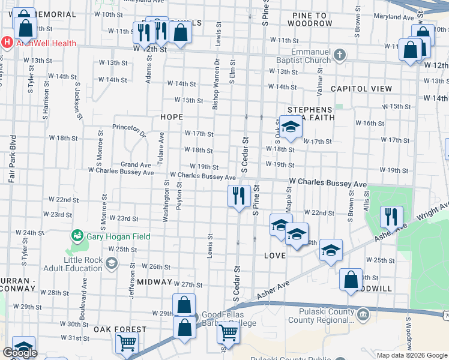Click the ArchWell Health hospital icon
tap(7, 43)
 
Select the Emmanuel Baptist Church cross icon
tap(340, 56)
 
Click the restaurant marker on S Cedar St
tap(239, 196)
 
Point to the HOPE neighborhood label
tap(170, 117)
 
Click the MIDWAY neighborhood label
tap(154, 281)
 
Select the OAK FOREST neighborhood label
tap(120, 329)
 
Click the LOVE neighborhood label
tap(274, 256)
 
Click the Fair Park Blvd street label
tap(11, 158)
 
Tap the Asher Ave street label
tap(273, 290)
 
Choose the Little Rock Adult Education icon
tap(112, 263)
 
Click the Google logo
tap(20, 353)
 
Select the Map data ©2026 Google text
tap(412, 355)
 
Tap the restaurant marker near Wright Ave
tap(391, 217)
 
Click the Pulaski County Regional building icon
tap(363, 314)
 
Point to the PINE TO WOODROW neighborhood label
tap(309, 19)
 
